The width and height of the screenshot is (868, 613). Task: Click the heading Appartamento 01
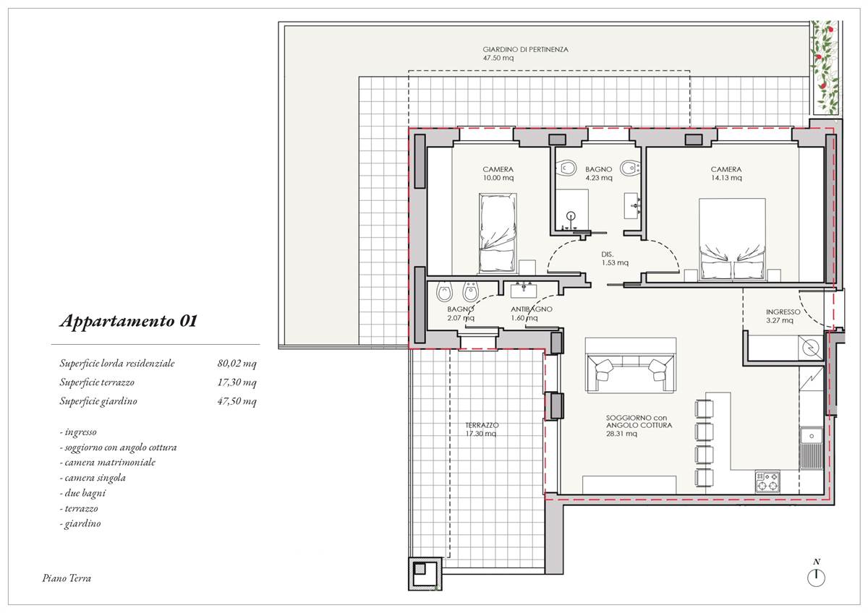(129, 321)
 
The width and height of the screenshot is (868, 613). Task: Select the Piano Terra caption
(67, 578)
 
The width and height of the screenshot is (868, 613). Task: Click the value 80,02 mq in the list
(237, 363)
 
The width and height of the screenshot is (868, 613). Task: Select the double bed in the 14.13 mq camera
(732, 239)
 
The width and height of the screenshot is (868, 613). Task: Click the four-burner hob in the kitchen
(767, 481)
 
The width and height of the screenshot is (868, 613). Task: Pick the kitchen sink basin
(811, 436)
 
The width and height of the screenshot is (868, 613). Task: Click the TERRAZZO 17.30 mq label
(481, 429)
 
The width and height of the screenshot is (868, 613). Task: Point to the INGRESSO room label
(783, 316)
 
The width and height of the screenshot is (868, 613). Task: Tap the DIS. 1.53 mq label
(615, 258)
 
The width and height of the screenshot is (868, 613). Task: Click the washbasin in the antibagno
(524, 290)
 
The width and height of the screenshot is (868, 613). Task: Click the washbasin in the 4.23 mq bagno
(632, 205)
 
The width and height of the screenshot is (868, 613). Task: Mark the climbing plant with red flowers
(825, 68)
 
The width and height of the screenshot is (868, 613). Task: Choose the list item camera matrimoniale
(108, 463)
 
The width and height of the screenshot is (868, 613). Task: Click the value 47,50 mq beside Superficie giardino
(237, 401)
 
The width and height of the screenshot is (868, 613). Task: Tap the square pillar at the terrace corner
(425, 574)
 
